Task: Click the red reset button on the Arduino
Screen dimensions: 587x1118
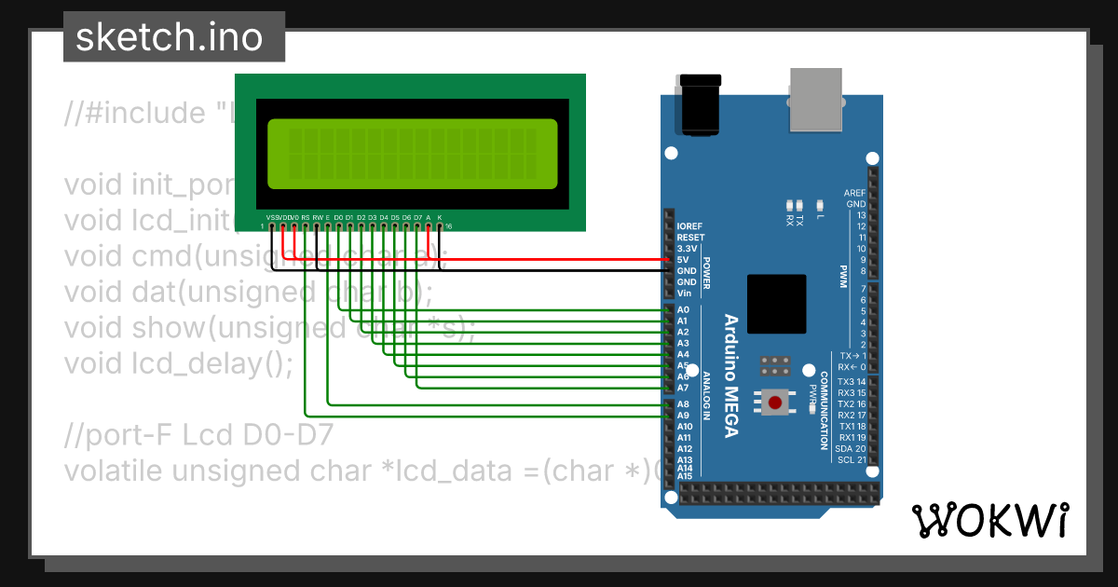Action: click(775, 403)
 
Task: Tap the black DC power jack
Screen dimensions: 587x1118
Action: click(700, 105)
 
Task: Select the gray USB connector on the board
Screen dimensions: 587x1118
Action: click(817, 98)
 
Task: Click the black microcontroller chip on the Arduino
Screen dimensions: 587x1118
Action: click(776, 304)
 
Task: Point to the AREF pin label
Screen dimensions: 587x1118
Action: click(854, 193)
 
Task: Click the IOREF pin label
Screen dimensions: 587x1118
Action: click(689, 226)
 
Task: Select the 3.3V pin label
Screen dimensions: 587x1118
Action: click(688, 249)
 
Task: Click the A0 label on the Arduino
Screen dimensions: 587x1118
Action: click(683, 309)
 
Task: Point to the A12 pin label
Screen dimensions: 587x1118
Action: click(685, 449)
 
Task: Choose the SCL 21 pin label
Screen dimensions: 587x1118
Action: click(852, 460)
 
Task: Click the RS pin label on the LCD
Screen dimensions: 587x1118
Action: click(306, 217)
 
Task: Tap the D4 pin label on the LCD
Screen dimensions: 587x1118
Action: click(384, 217)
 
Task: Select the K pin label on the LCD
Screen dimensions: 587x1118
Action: click(440, 217)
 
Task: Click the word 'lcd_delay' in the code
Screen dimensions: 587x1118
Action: click(196, 362)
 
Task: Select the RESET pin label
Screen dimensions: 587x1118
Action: click(691, 238)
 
